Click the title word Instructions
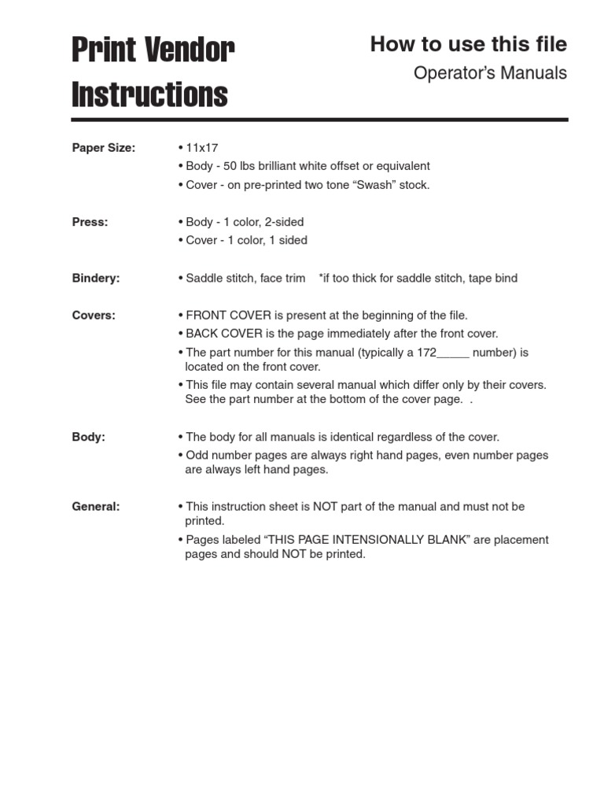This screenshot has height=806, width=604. click(149, 95)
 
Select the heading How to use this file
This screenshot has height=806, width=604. click(469, 45)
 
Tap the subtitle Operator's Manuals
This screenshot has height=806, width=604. click(490, 73)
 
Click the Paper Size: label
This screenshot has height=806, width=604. click(104, 148)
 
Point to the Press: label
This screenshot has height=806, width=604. click(90, 222)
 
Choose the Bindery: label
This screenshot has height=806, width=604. click(96, 278)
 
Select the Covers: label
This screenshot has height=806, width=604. click(94, 315)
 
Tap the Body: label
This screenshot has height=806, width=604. click(89, 437)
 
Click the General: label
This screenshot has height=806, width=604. click(96, 507)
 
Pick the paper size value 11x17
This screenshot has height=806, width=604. click(201, 148)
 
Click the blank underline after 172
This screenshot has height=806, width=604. click(453, 353)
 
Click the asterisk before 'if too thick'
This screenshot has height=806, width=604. click(322, 277)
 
